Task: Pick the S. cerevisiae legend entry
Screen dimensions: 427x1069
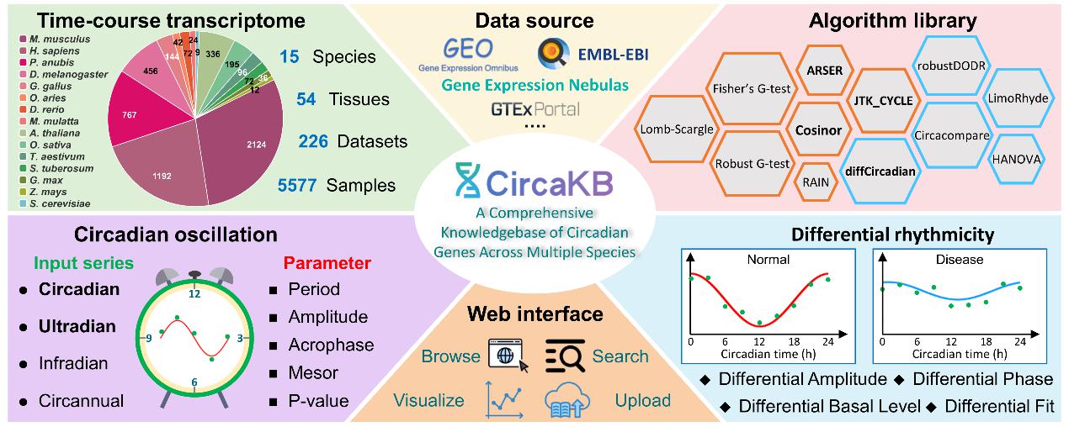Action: tap(63, 204)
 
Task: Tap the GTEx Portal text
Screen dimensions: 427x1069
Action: tap(535, 109)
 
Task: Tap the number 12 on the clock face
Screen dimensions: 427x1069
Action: tap(194, 295)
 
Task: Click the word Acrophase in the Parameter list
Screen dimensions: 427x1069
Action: tap(331, 345)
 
